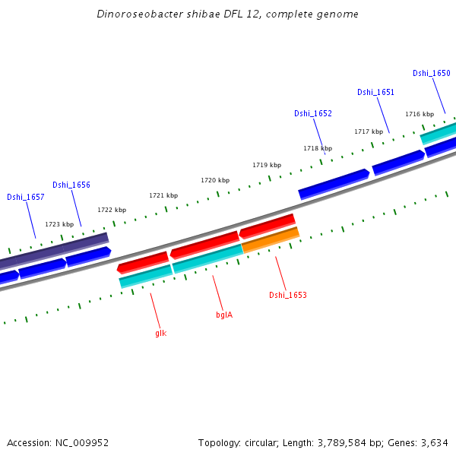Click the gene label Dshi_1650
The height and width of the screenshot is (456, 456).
[x=431, y=73]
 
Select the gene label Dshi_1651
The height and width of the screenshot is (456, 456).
[x=375, y=92]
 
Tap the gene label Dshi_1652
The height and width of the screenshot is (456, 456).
[x=312, y=113]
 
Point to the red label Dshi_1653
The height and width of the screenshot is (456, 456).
[x=287, y=295]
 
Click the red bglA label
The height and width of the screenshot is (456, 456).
[x=224, y=314]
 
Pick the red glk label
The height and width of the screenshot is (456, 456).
[x=160, y=333]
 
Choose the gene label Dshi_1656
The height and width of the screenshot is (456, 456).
[x=71, y=185]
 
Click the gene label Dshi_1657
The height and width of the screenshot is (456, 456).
[x=25, y=197]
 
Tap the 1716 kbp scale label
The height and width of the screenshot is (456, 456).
[x=419, y=114]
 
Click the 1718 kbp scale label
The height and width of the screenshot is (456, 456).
[x=318, y=148]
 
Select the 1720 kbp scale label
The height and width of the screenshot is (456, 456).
[x=214, y=180]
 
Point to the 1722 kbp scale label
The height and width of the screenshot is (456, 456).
[x=112, y=210]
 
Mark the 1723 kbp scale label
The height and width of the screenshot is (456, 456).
[x=59, y=224]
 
